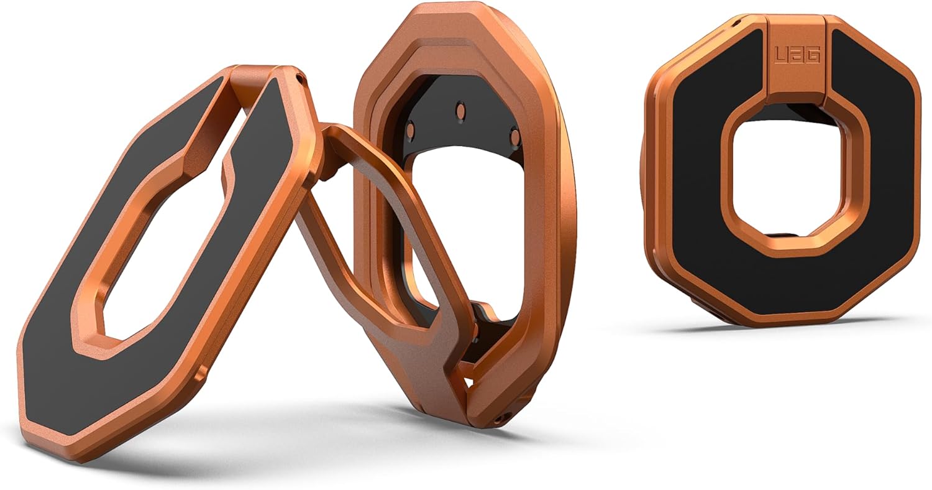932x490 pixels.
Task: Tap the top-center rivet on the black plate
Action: pos(460,109)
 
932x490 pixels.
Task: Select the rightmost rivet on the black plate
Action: pos(514,134)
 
